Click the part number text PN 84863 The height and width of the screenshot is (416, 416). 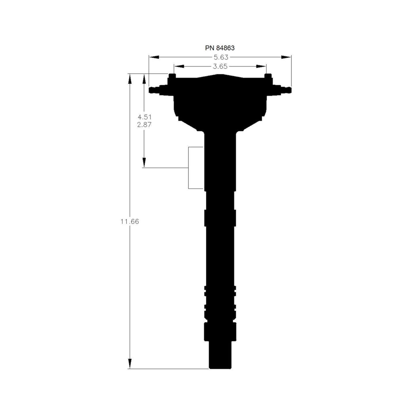[220, 48]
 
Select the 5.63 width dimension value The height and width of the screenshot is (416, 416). [221, 57]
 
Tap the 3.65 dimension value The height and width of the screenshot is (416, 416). [220, 67]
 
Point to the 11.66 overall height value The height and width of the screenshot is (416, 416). [130, 221]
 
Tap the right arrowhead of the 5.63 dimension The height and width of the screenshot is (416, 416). [286, 57]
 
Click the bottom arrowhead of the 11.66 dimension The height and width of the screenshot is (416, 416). [130, 364]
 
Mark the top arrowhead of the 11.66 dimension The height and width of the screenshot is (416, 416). [130, 79]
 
